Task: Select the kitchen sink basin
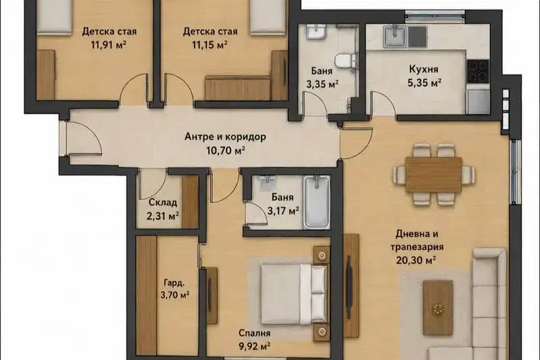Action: [x=395, y=36]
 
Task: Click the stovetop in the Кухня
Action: [x=478, y=71]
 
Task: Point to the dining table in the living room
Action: [x=433, y=174]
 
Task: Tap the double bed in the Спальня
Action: [x=293, y=294]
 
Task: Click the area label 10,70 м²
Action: [x=225, y=151]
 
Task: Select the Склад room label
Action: [x=163, y=203]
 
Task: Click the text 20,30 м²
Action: [x=416, y=260]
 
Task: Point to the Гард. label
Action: [x=174, y=283]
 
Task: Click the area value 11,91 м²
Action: [x=109, y=45]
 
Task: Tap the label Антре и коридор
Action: [x=225, y=137]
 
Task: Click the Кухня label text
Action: [x=424, y=69]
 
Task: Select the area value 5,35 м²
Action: [x=424, y=82]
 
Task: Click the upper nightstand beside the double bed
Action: [x=322, y=255]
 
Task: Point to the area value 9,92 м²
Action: [x=255, y=346]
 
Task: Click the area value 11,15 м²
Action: [x=210, y=45]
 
